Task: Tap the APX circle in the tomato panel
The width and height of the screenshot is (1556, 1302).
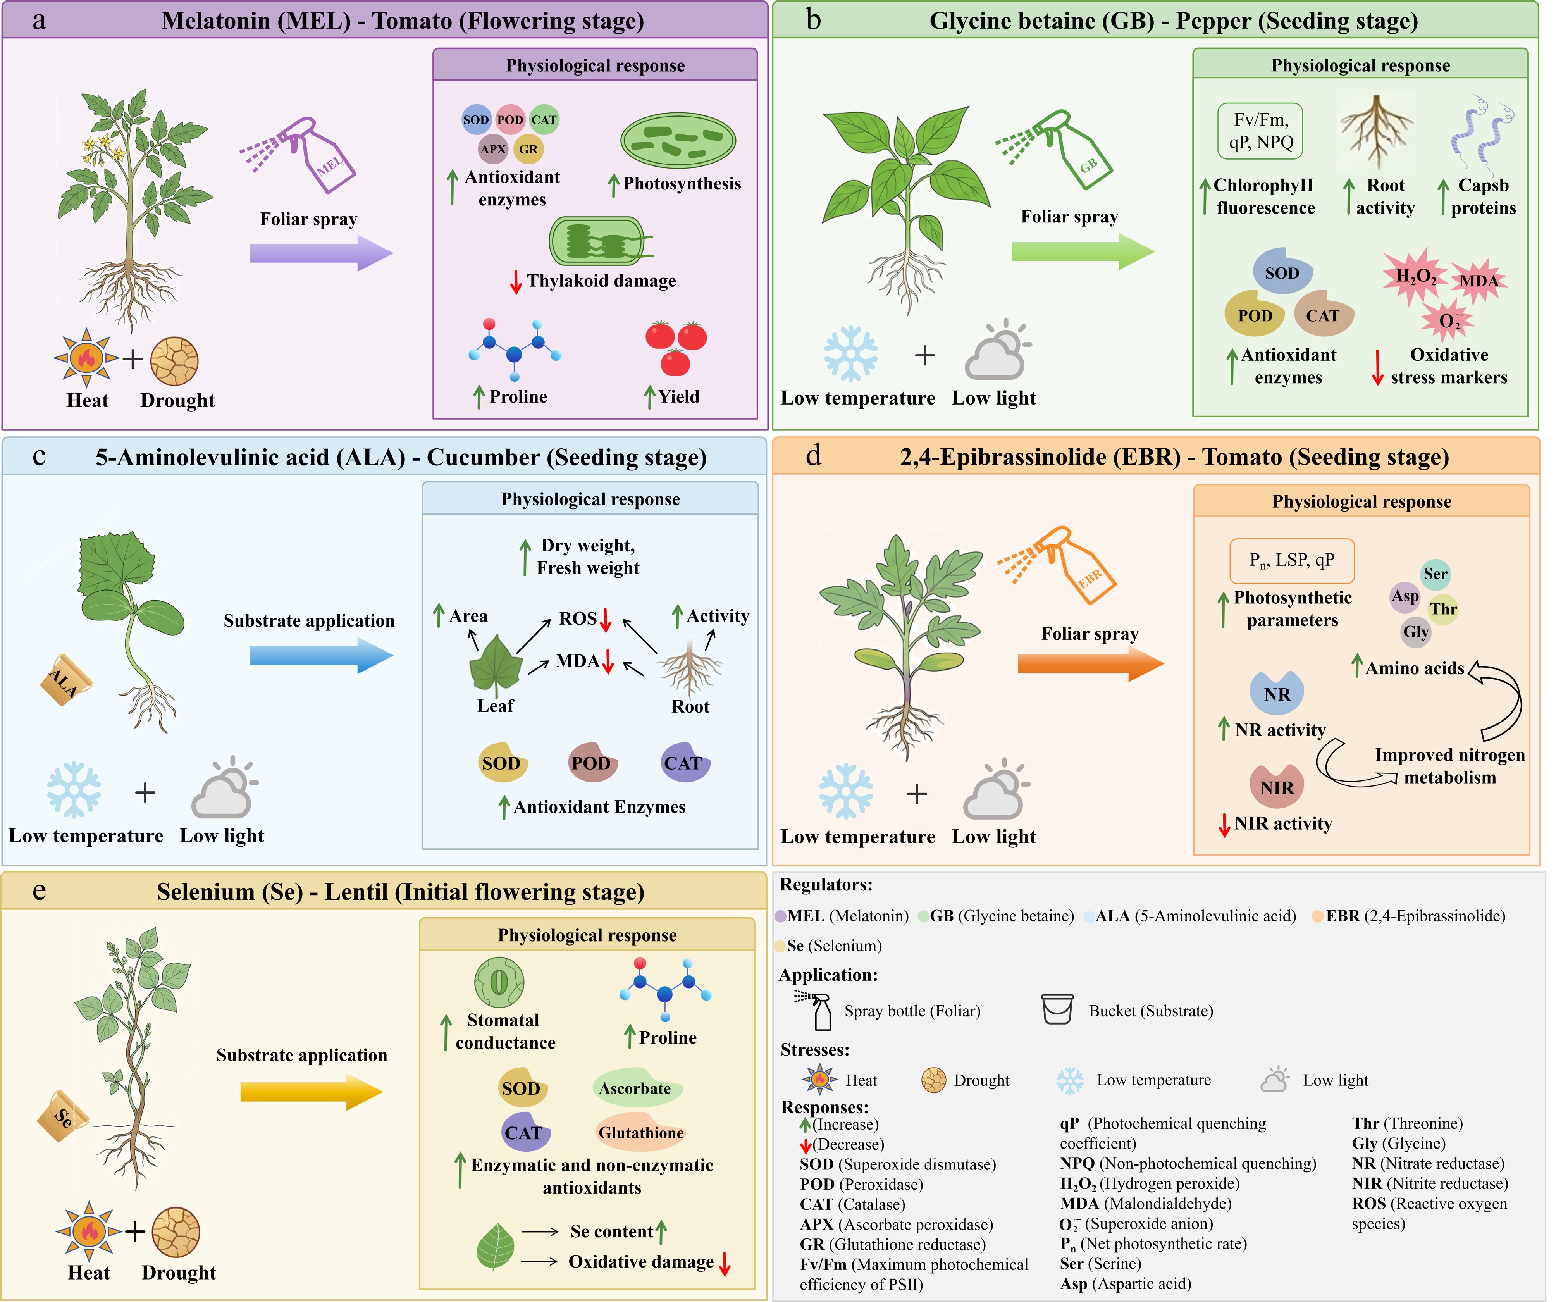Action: point(493,149)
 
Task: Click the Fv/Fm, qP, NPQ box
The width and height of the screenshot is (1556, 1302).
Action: point(1260,131)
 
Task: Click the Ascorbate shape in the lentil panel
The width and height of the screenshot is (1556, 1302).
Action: point(636,1088)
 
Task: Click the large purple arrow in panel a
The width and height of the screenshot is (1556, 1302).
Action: point(322,253)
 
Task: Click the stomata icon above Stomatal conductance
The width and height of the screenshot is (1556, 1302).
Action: point(499,983)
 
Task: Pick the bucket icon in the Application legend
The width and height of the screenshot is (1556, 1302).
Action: point(1057,1009)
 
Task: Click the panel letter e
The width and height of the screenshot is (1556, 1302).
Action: point(39,891)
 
